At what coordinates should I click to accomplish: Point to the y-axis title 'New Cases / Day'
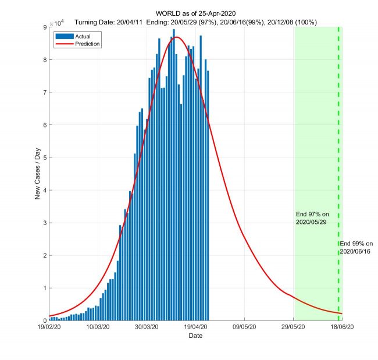[x=38, y=174]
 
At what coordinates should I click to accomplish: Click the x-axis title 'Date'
[x=195, y=336]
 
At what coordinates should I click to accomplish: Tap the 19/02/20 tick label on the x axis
[x=49, y=327]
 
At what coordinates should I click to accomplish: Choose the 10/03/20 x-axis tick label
[x=98, y=327]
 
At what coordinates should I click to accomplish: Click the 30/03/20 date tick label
[x=147, y=327]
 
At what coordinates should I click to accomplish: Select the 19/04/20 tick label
[x=196, y=327]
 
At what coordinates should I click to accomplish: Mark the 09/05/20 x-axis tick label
[x=245, y=327]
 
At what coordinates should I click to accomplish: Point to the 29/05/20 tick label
[x=294, y=327]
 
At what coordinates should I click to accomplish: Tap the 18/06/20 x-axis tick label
[x=343, y=327]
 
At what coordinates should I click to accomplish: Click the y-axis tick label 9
[x=44, y=27]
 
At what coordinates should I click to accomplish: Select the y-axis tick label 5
[x=44, y=158]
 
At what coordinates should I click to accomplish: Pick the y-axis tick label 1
[x=44, y=288]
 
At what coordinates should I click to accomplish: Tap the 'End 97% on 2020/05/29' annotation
[x=312, y=219]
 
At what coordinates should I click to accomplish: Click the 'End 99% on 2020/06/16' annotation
[x=356, y=247]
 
